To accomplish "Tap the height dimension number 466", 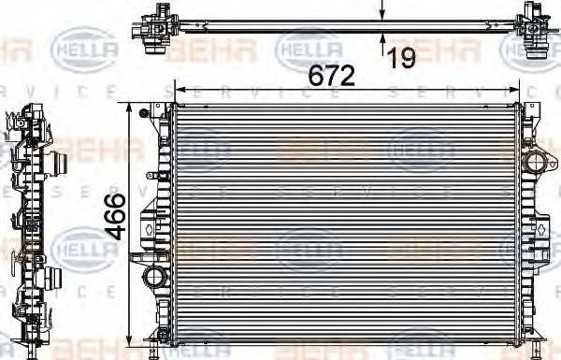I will (x=113, y=217).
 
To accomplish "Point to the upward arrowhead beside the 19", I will (x=382, y=40).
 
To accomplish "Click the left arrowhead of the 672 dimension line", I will (x=180, y=90).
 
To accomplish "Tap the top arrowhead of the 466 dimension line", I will (x=129, y=107).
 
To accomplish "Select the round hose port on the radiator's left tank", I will (x=154, y=280).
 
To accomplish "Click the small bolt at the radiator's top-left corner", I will (x=143, y=114).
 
